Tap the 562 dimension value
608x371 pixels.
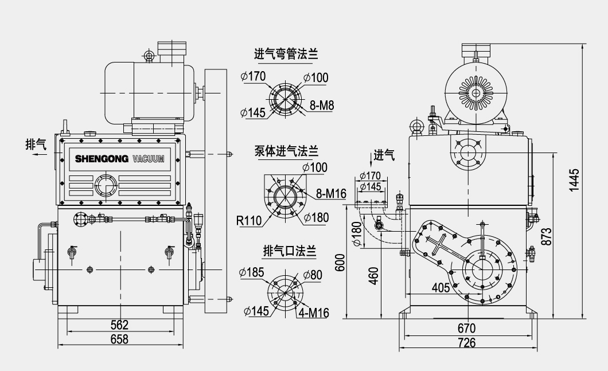[x=119, y=325]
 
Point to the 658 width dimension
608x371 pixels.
[x=119, y=339]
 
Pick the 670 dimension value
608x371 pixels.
[x=467, y=329]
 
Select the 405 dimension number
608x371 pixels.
[x=441, y=287]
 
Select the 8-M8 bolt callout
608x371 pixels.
[x=322, y=106]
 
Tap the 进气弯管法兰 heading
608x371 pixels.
[x=286, y=54]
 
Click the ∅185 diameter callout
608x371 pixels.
[x=253, y=272]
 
